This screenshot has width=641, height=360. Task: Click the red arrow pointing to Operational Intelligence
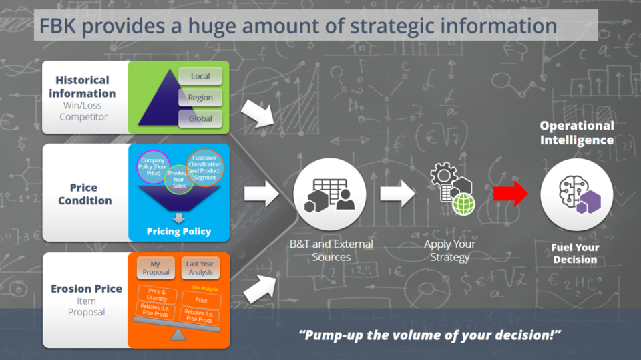click(510, 194)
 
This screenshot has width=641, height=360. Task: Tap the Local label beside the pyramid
click(200, 77)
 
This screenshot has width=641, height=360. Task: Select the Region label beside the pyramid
click(200, 98)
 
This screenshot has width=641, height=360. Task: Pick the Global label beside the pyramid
click(200, 118)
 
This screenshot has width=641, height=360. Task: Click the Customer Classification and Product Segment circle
click(204, 166)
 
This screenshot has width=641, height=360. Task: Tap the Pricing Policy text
click(178, 232)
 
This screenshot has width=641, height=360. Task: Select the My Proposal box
click(156, 268)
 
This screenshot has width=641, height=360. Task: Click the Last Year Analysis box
click(200, 268)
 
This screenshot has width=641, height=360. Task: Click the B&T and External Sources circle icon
click(329, 194)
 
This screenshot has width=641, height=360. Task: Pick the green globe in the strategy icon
click(462, 205)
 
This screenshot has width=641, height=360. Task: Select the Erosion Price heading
click(86, 289)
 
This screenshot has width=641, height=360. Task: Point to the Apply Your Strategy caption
click(450, 250)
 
